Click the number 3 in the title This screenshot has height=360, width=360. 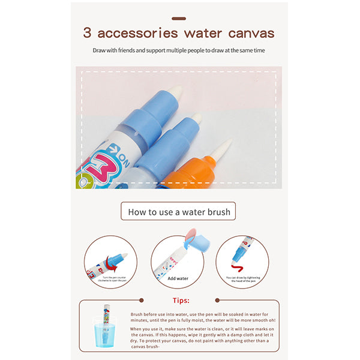(88, 34)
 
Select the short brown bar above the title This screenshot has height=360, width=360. (178, 19)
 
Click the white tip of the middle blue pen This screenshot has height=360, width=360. (196, 119)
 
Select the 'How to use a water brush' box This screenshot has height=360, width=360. (179, 211)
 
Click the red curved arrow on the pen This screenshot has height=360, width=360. (112, 260)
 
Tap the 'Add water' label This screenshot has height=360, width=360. (178, 278)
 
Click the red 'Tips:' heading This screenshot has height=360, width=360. (180, 301)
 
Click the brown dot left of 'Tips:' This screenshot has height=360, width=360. (142, 300)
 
